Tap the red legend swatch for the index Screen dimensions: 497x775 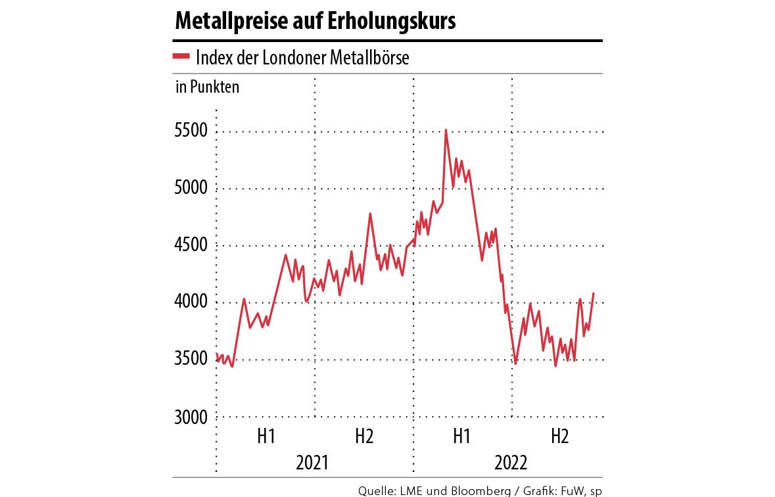[181, 57]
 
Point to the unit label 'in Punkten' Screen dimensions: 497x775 [207, 87]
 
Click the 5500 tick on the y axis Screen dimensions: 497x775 [191, 131]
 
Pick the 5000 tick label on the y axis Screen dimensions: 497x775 [191, 189]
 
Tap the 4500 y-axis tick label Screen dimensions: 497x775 [191, 246]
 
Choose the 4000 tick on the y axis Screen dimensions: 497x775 [191, 303]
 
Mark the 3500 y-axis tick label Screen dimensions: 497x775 [191, 360]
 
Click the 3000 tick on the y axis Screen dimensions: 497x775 [191, 417]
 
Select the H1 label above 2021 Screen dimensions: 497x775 [266, 436]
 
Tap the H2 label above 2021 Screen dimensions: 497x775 [364, 436]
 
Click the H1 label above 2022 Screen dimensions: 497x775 [462, 436]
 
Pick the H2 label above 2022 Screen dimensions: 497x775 [560, 436]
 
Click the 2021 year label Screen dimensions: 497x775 [314, 462]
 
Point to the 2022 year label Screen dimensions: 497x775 [511, 462]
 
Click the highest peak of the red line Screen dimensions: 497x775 [446, 130]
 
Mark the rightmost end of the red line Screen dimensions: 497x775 [594, 293]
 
